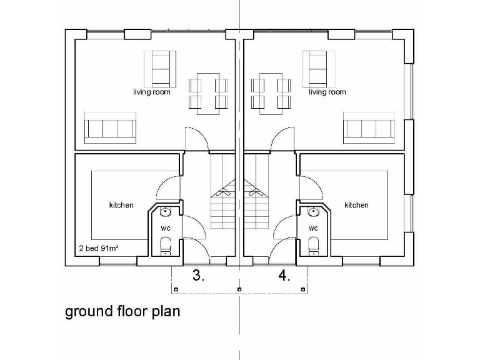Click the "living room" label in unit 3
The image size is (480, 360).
[x=152, y=92]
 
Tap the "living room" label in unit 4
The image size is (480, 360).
[x=327, y=92]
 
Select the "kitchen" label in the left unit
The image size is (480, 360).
[x=121, y=205]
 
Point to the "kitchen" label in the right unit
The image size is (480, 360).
[x=356, y=205]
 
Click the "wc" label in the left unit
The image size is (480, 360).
[x=165, y=228]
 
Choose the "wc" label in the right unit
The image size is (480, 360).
[x=314, y=228]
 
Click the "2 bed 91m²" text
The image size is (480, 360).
[x=99, y=248]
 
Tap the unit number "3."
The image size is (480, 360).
[x=197, y=276]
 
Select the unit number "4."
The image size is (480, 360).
[x=284, y=276]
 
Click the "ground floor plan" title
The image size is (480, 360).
[x=122, y=311]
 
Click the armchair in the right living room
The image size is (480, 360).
[x=317, y=67]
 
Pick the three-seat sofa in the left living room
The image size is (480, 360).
[x=110, y=129]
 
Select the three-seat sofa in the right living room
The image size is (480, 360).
[x=369, y=129]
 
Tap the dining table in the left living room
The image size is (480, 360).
[x=207, y=92]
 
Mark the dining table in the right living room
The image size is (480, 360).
[x=271, y=92]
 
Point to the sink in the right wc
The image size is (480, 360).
[x=313, y=212]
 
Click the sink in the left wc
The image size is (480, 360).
[x=166, y=212]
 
